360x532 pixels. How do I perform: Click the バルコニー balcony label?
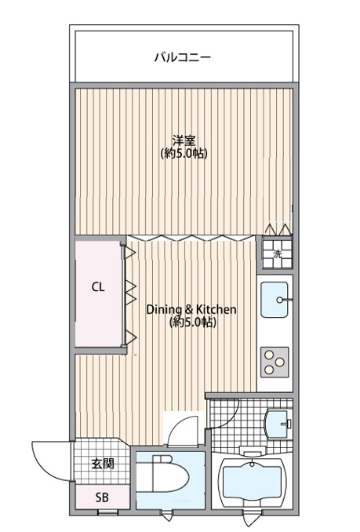(183, 57)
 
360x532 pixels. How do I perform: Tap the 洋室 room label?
(184, 140)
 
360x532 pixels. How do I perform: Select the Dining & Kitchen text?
(191, 309)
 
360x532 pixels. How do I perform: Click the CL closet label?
(98, 287)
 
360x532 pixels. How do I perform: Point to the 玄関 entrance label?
(103, 464)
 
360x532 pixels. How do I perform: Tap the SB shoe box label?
(102, 497)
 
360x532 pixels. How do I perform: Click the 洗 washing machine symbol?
(278, 254)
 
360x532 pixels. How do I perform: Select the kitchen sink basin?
(275, 300)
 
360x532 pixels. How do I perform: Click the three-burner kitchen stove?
(275, 362)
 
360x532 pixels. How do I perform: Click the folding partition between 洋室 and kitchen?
(191, 238)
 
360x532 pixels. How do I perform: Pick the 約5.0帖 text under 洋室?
(184, 154)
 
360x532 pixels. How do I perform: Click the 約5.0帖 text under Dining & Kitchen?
(192, 322)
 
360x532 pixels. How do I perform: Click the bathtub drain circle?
(253, 464)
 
